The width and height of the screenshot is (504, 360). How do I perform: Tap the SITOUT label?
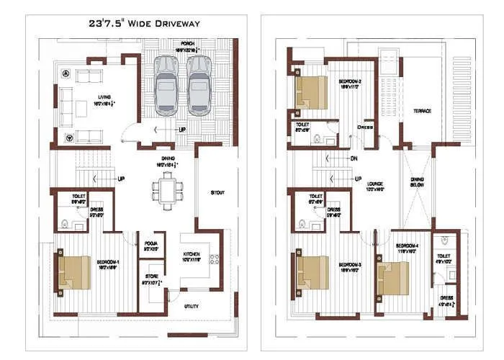point(217,193)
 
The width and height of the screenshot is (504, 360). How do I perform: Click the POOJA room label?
point(150,243)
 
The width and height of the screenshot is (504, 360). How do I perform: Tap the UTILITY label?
point(191,306)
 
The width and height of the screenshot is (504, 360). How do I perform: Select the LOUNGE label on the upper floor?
point(374,184)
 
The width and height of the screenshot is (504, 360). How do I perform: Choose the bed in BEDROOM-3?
point(310,272)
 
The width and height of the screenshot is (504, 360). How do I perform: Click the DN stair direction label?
point(354,158)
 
